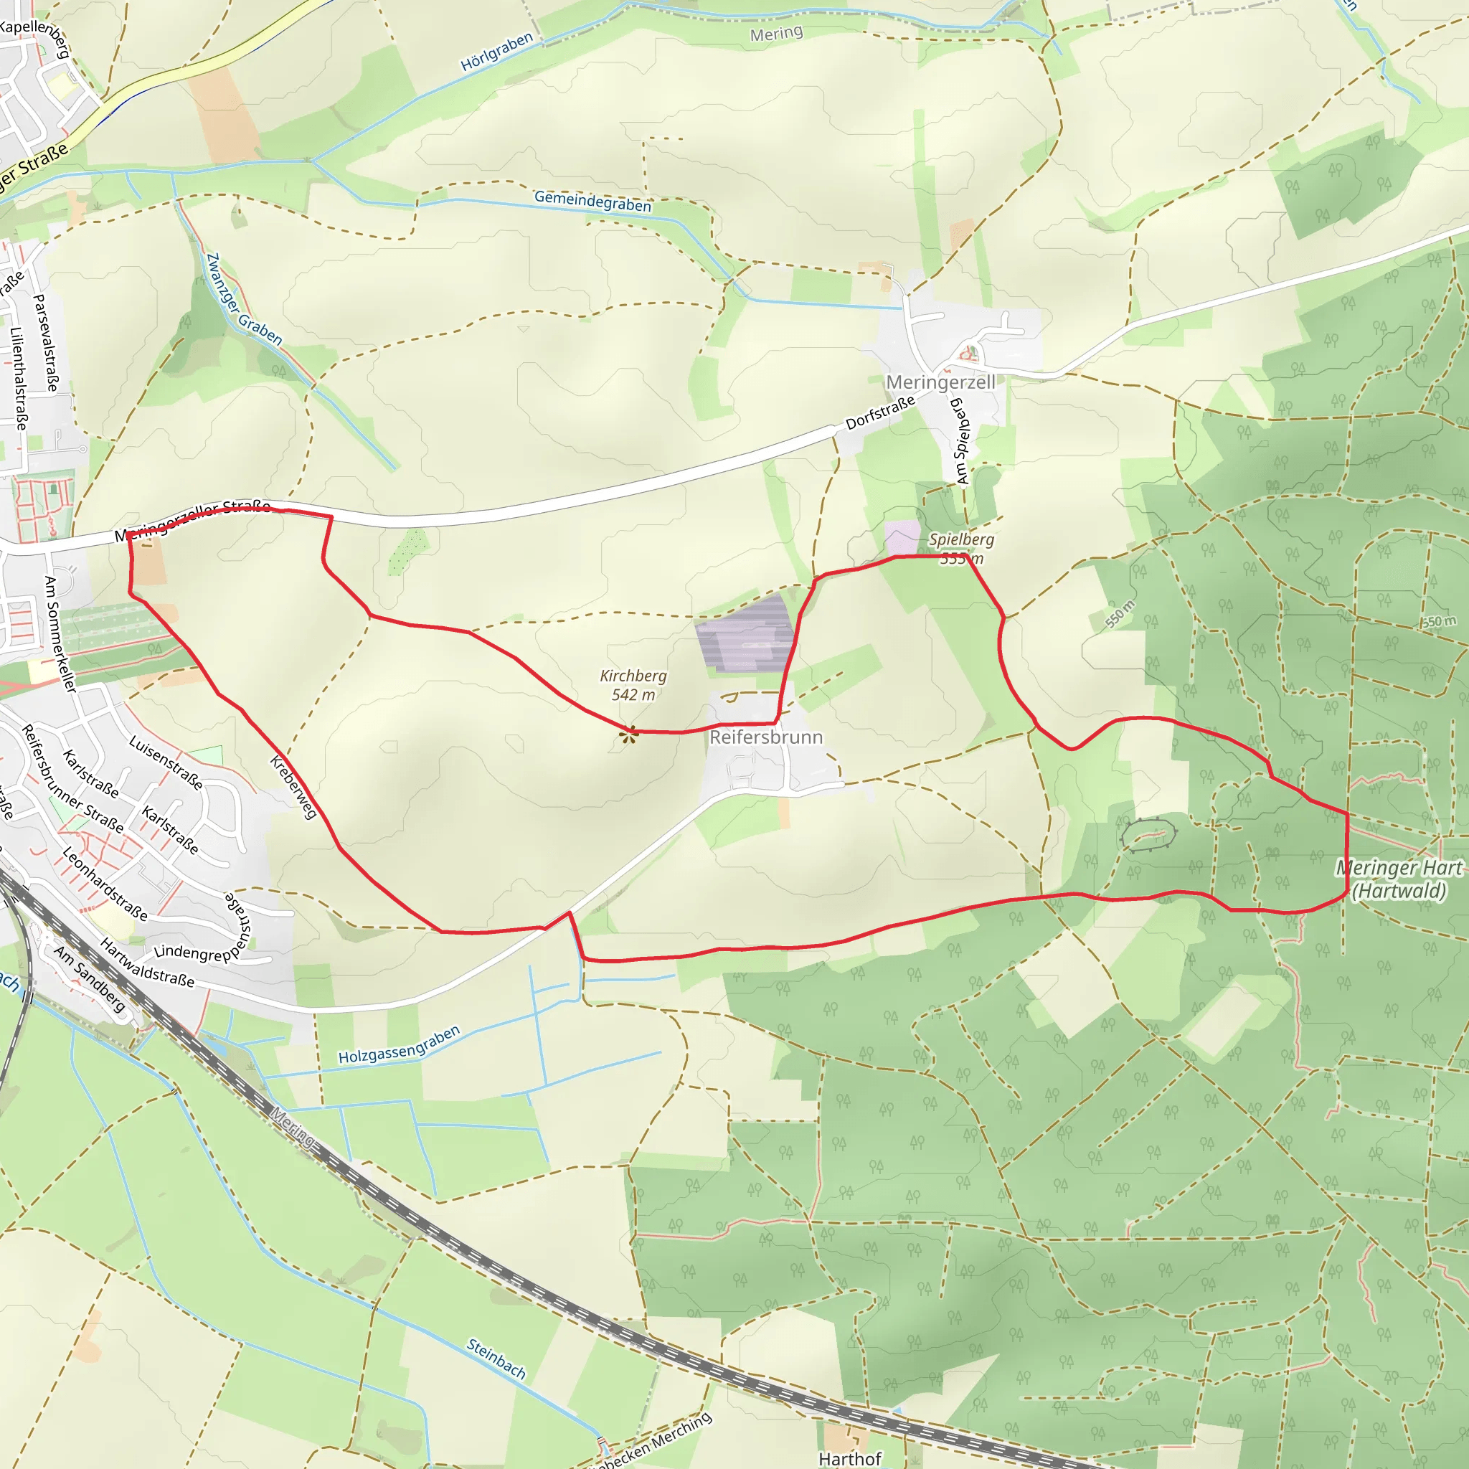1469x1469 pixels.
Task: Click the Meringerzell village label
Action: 940,382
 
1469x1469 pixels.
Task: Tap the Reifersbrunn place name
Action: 765,737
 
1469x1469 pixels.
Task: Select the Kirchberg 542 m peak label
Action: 633,684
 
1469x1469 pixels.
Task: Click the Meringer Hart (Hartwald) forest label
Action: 1398,879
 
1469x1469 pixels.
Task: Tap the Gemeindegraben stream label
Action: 592,202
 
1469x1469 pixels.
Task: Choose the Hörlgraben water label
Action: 496,52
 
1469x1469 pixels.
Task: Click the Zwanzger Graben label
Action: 244,300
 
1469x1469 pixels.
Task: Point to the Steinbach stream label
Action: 496,1359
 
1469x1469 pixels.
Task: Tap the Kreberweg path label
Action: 293,787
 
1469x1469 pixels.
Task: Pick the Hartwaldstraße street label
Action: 147,963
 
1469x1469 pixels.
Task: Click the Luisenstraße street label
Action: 166,762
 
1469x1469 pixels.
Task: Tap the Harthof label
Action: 850,1458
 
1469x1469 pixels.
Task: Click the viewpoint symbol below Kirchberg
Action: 628,734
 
